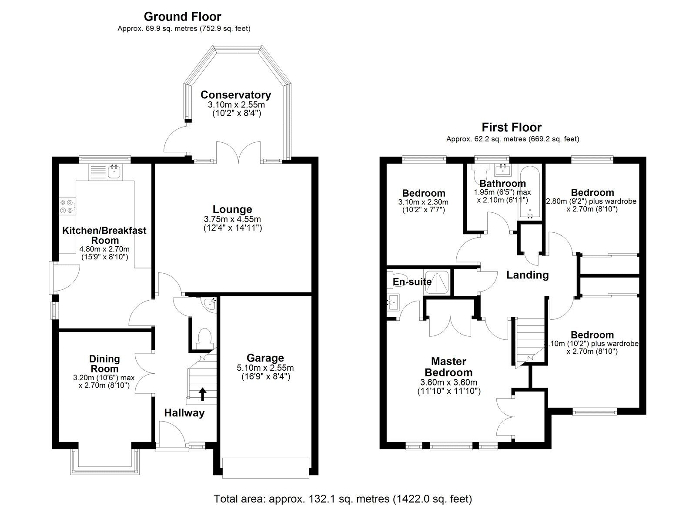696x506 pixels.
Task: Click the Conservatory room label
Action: tap(235, 95)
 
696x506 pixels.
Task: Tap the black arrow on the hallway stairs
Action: tap(202, 394)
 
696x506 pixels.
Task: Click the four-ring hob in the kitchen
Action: tap(67, 206)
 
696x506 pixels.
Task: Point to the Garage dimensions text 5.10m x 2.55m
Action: tap(265, 368)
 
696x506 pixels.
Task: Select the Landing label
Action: tap(527, 275)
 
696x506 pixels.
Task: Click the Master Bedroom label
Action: tap(448, 367)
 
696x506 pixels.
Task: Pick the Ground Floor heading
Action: tap(182, 17)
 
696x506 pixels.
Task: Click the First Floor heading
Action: tap(511, 127)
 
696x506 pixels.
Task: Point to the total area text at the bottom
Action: tap(342, 498)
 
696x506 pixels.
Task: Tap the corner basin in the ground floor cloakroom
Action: tap(209, 304)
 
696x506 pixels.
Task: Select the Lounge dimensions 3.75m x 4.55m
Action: tap(232, 219)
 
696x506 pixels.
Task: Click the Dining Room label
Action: tap(104, 364)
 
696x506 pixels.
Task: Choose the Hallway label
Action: tap(184, 413)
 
